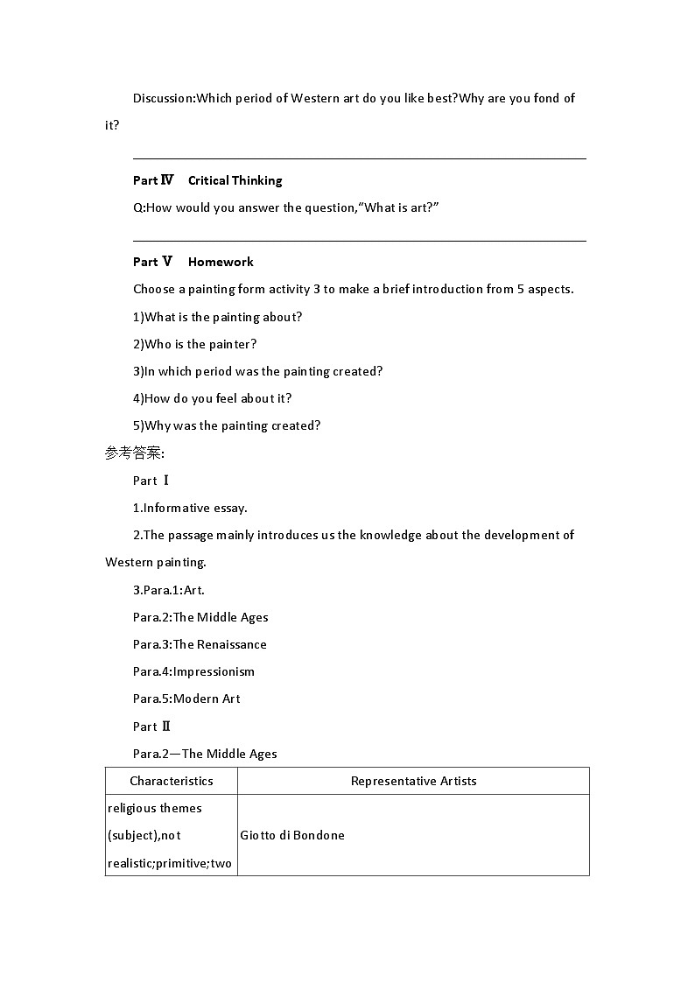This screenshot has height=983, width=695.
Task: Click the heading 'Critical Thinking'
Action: pos(235,180)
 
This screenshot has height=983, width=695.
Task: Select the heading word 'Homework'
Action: pos(221,262)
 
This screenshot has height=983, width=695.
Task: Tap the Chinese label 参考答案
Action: pos(134,453)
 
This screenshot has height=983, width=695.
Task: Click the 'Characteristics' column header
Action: pos(172,781)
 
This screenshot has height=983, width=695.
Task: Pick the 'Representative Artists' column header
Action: pos(413,781)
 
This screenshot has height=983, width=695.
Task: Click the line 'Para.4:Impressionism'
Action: pos(193,671)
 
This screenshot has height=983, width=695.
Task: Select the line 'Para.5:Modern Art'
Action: pos(186,699)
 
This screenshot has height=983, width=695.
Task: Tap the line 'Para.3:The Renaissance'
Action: pos(200,644)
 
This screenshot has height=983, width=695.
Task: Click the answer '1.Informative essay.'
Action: pos(190,508)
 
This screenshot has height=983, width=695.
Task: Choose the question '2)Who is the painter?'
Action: pos(195,344)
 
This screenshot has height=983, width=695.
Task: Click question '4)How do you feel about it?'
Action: pos(213,398)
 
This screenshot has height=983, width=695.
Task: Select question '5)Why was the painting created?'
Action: pos(227,425)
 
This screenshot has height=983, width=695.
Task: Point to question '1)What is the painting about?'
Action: pos(217,317)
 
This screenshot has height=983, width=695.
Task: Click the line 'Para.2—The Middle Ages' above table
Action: pos(205,754)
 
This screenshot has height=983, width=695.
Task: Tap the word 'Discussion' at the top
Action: pos(163,98)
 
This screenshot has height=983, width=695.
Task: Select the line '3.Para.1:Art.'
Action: pos(169,590)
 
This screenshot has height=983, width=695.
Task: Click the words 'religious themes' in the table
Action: pos(155,808)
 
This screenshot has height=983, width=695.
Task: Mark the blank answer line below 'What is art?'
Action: pos(359,240)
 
